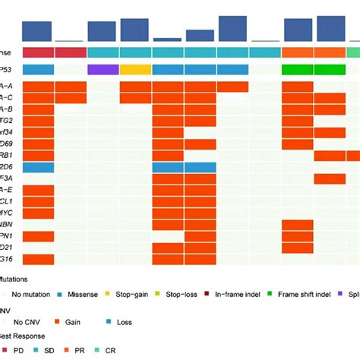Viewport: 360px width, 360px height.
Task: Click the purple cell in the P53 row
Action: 103,69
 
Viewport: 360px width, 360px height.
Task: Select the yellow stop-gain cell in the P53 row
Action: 135,69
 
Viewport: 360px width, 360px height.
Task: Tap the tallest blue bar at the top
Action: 232,27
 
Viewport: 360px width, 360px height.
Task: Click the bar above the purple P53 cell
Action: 103,31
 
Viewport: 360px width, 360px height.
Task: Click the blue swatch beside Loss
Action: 110,321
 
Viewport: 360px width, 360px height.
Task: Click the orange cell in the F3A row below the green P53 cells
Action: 330,179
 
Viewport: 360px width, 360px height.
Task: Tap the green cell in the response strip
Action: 353,52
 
